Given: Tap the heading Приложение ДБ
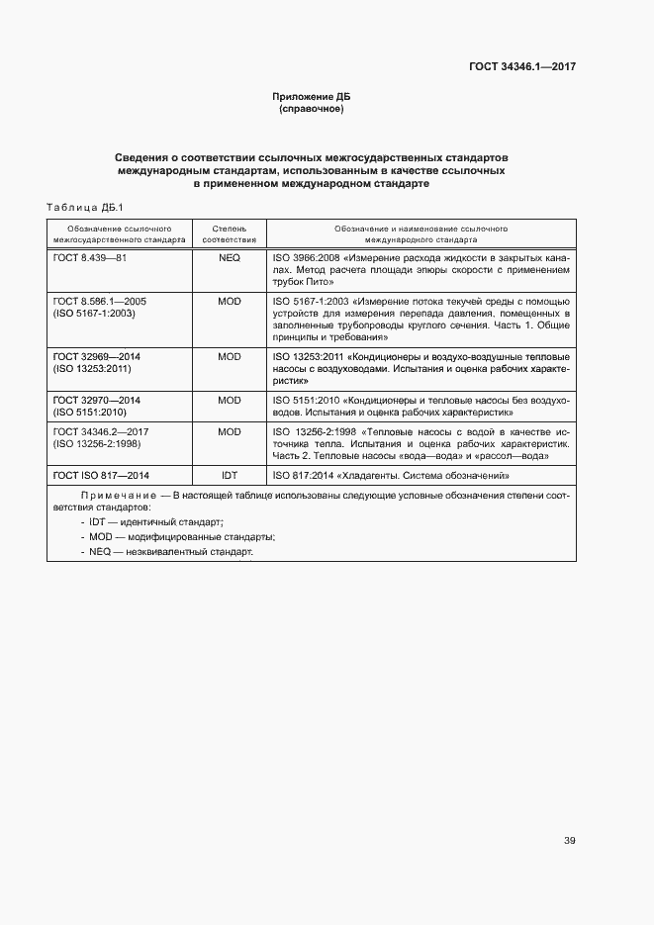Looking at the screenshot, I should (x=312, y=96).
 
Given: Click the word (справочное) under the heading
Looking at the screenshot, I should (x=312, y=108).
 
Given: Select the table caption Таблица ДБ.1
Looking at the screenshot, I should (x=83, y=207).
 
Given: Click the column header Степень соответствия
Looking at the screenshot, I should (x=229, y=233).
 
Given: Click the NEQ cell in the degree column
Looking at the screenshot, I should (x=229, y=256).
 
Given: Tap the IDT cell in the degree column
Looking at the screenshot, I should (x=229, y=476).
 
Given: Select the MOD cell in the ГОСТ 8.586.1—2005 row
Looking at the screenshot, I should (x=229, y=300).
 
